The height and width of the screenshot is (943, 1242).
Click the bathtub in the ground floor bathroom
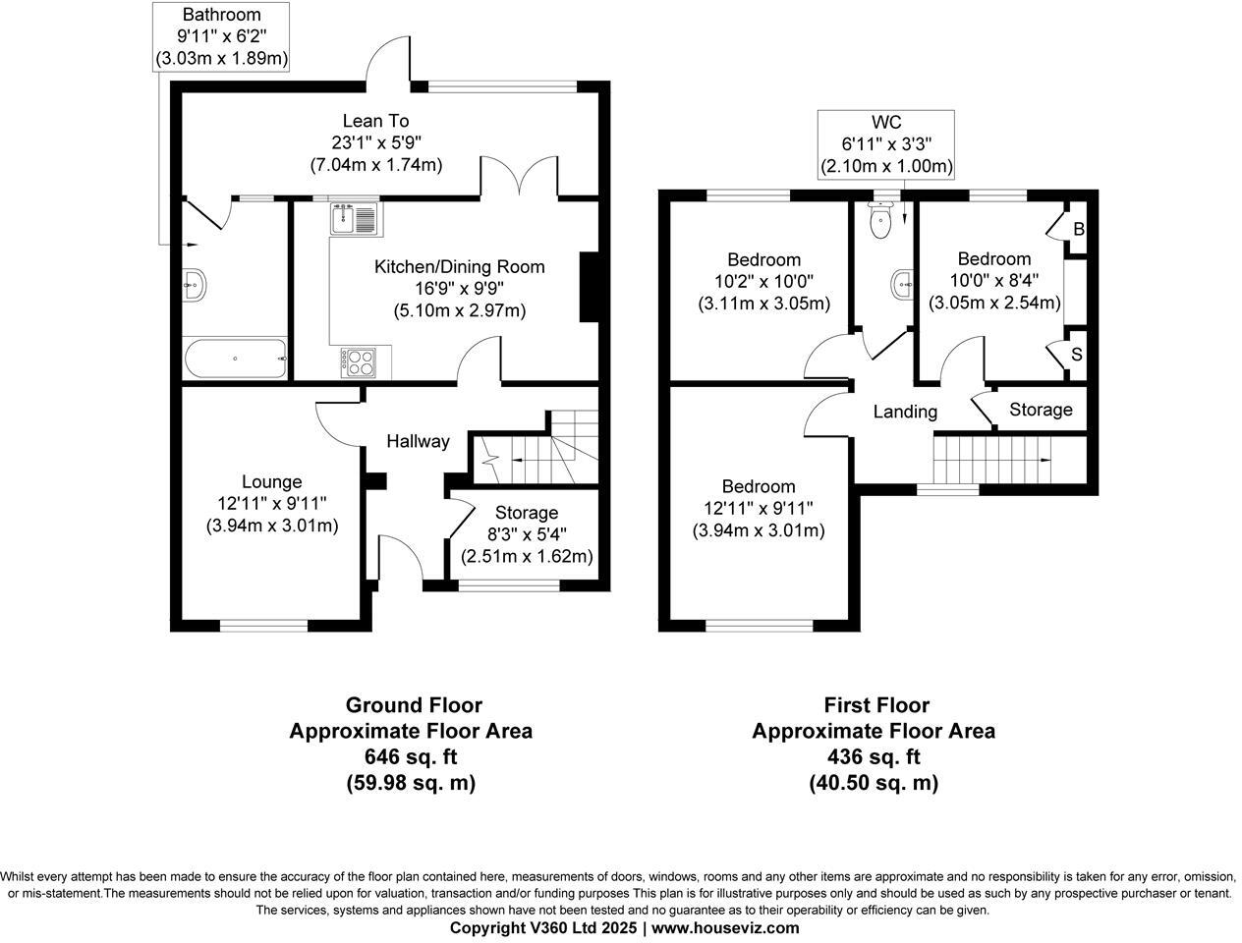[x=235, y=358]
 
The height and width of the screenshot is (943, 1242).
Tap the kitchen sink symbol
[x=356, y=217]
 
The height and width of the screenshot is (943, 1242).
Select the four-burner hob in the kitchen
[x=360, y=362]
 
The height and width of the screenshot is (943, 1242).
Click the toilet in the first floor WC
[x=881, y=219]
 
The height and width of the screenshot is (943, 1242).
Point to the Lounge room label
[x=272, y=481]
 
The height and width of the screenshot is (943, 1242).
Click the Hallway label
[x=418, y=441]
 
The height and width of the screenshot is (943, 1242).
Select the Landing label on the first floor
[x=905, y=412]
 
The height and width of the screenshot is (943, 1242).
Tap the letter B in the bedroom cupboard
[x=1078, y=230]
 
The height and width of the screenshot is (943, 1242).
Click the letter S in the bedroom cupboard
[x=1077, y=354]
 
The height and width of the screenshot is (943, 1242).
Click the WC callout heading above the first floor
[x=886, y=123]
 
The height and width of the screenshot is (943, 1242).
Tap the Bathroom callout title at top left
[x=221, y=15]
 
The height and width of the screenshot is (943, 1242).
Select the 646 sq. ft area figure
[x=410, y=757]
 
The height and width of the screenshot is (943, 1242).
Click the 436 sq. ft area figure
[x=874, y=757]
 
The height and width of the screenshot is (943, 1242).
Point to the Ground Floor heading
[x=414, y=705]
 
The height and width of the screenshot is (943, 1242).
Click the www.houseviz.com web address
[x=725, y=928]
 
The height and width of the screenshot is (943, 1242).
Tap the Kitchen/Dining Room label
[x=459, y=266]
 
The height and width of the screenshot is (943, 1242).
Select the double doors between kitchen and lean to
[x=520, y=178]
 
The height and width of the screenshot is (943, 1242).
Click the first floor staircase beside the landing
[x=993, y=460]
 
